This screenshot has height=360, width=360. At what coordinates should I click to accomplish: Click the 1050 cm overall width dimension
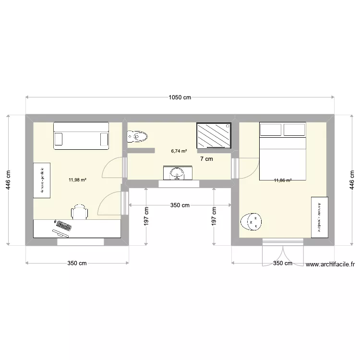click(180, 97)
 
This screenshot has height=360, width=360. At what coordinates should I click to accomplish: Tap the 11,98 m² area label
click(77, 180)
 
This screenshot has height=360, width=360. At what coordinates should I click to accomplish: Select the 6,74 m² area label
click(179, 151)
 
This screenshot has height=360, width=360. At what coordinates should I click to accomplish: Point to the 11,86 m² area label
click(283, 180)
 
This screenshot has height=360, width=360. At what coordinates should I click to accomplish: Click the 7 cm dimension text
click(206, 159)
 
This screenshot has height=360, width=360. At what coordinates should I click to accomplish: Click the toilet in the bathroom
click(136, 137)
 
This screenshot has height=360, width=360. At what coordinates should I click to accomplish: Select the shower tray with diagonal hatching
click(214, 135)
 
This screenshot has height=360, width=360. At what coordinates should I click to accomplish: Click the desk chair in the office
click(80, 211)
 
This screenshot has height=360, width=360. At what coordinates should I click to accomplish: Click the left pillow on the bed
click(271, 130)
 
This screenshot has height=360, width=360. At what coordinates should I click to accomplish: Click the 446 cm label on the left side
click(9, 180)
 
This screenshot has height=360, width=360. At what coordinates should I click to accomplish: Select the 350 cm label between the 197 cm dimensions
click(180, 205)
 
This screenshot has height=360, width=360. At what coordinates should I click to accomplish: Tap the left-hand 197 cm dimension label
click(146, 216)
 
